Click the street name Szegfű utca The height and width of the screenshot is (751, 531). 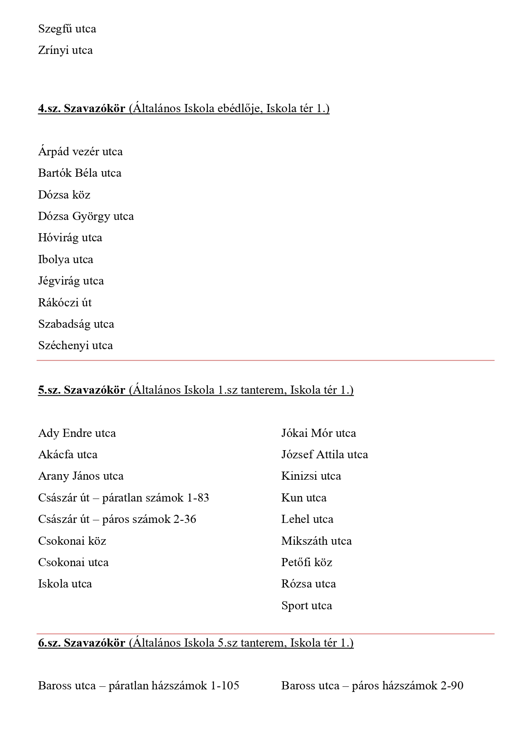[67, 29]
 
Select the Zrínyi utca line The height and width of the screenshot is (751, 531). [65, 50]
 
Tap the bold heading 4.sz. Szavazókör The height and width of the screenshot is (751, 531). [81, 109]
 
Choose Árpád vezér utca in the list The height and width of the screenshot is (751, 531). [80, 152]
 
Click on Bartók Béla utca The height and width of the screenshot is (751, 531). [80, 173]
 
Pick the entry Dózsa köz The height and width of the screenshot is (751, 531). [64, 195]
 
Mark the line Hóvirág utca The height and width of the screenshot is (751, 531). [70, 238]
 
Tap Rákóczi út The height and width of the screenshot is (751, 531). [65, 303]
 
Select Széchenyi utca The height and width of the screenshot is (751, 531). [75, 346]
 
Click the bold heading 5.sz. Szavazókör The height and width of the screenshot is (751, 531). [81, 390]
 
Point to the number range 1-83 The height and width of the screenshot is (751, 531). [198, 498]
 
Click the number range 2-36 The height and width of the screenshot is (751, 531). [185, 519]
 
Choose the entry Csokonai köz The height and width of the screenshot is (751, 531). [72, 541]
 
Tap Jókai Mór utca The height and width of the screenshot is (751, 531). [318, 433]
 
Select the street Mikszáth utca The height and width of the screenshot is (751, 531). [316, 541]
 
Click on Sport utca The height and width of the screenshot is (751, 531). [306, 606]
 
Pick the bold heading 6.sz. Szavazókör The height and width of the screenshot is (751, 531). [81, 643]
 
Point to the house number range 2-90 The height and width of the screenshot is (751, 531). [451, 686]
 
